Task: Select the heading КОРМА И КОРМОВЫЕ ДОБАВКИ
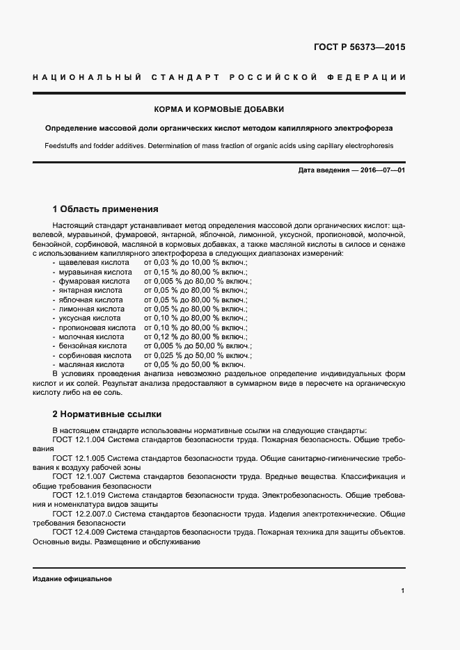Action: click(219, 110)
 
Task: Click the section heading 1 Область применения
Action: click(105, 209)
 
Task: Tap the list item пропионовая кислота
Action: click(97, 327)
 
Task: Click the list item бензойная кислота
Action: click(93, 345)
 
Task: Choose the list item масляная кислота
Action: click(91, 364)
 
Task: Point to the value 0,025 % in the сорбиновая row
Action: click(170, 355)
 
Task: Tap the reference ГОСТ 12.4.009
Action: click(79, 532)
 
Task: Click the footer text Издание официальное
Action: click(72, 578)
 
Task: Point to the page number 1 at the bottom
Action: click(403, 591)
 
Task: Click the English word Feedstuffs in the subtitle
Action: click(60, 146)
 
